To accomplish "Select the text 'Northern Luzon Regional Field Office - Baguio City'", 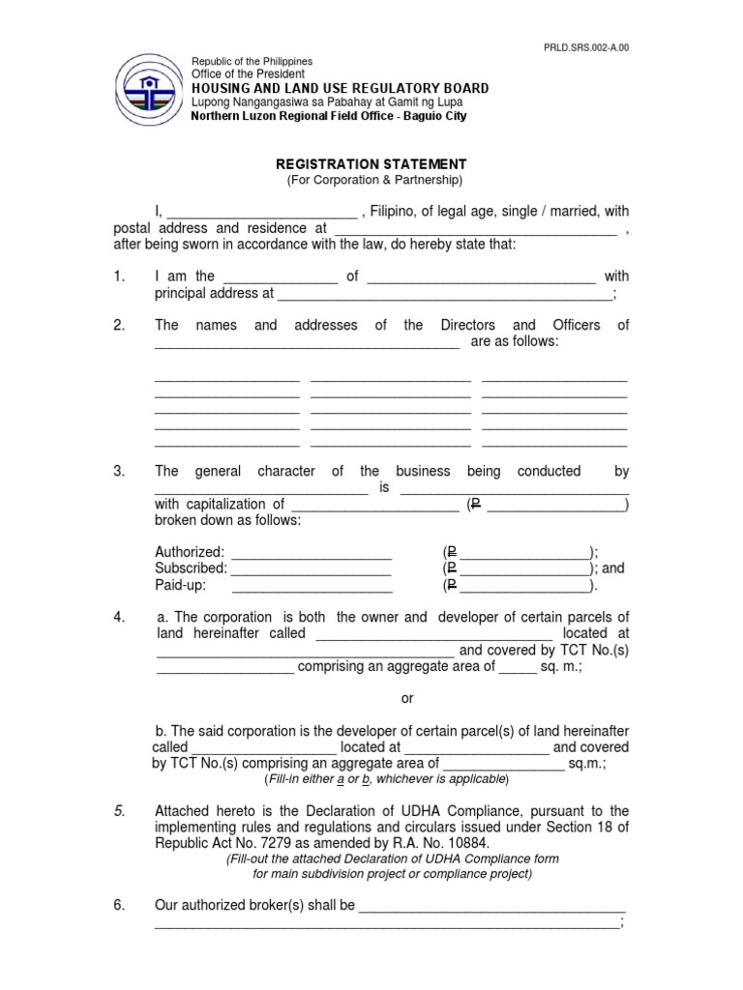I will click(x=328, y=116).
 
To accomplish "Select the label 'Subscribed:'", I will click(x=191, y=568).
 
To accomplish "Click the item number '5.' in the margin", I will click(x=120, y=810).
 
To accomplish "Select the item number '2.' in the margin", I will click(x=120, y=325).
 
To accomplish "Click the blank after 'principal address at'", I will click(x=444, y=294).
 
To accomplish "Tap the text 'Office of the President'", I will click(x=248, y=73).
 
